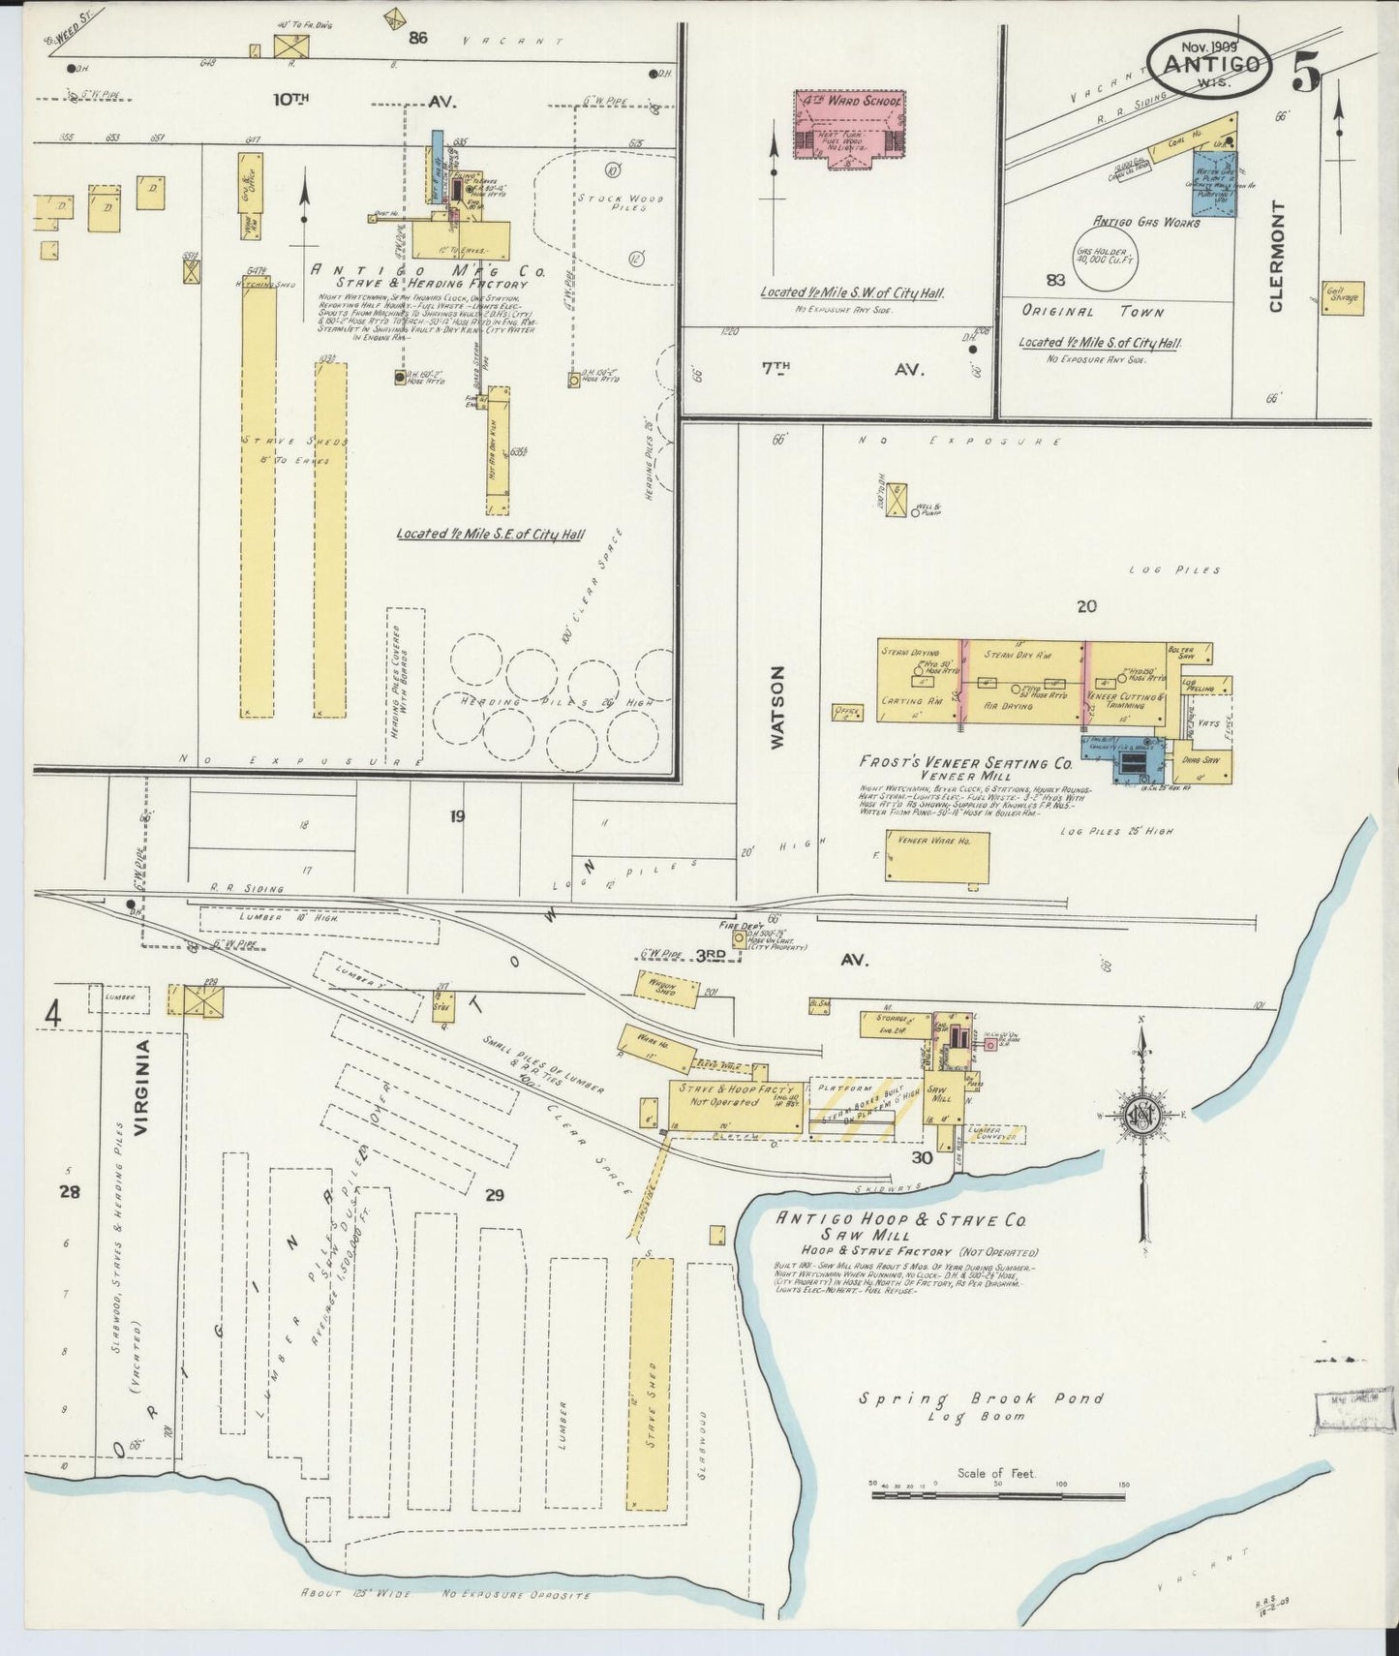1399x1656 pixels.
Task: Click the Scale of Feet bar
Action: tap(997, 1495)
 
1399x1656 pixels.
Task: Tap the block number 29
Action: tap(495, 1195)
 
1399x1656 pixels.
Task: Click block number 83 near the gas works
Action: tap(1055, 281)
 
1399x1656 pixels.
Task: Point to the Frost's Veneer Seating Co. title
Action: tap(965, 762)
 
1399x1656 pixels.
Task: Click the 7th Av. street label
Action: tap(833, 369)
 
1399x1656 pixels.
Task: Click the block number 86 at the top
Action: tap(417, 40)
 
